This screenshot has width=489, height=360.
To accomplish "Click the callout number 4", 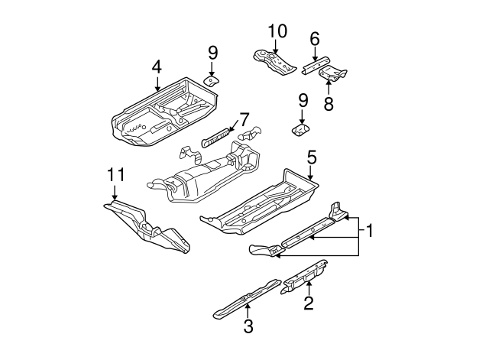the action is tap(157, 67).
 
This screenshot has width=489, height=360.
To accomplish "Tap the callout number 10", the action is tap(277, 31).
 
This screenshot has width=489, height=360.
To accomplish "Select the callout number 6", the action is tap(315, 39).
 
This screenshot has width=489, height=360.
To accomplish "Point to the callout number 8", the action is tap(329, 104).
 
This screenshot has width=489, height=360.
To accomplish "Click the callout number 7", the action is tap(244, 120).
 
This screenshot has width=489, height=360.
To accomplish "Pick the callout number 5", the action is tap(312, 157).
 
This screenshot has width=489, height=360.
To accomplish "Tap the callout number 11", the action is tap(115, 174).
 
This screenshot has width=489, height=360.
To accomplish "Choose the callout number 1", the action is tap(369, 231).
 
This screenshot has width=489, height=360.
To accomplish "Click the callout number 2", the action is tap(309, 303).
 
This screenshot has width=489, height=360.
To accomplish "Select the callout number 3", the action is tap(248, 326).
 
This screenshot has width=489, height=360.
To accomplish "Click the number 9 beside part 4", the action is tap(212, 53).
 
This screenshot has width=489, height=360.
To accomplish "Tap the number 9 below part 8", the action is tap(303, 100).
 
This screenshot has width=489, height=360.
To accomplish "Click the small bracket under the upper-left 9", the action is tap(211, 81).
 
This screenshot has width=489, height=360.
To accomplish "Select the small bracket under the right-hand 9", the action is tap(300, 130).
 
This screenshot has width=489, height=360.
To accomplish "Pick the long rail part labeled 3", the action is tap(247, 298).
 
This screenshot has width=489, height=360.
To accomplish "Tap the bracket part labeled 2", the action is tap(304, 277).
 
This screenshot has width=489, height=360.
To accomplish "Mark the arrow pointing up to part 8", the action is tap(329, 88).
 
